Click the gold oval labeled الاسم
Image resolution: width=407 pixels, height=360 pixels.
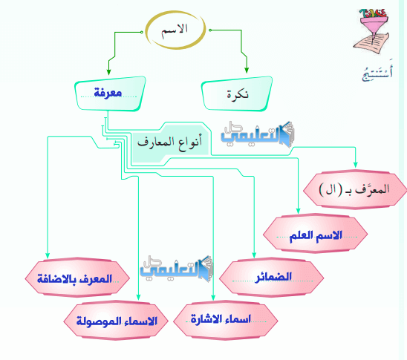point(146,30)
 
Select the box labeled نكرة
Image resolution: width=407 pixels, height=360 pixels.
point(237,94)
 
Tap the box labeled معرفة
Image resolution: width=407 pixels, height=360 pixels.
point(110,94)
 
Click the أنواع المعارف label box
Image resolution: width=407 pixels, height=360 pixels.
point(170,143)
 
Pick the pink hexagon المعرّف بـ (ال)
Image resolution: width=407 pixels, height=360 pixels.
point(355,190)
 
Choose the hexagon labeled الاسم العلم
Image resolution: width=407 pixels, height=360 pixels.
point(315,234)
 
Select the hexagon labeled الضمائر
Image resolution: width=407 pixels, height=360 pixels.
point(271,278)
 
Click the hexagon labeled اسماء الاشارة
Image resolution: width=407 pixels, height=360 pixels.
point(225,320)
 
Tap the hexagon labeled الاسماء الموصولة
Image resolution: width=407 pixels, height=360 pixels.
point(116,321)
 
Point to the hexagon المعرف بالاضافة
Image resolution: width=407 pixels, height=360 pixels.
point(77,278)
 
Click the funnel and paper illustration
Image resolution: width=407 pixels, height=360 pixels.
point(371,30)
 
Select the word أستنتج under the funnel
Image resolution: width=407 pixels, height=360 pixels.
point(377,72)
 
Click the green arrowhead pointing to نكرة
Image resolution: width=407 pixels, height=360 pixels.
point(247,71)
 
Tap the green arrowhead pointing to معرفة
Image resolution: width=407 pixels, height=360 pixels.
point(108,72)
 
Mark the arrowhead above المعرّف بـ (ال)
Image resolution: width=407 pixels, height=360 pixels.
point(355,165)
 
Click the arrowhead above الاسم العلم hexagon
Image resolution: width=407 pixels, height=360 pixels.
point(298,211)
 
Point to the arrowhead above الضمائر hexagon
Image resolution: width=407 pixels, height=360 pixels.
point(254,255)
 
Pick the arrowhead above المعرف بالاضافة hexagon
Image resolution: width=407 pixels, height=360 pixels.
point(48,255)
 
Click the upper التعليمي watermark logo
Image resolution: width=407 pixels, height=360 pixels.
point(258,134)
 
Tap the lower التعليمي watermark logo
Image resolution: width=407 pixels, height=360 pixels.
point(177,269)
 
